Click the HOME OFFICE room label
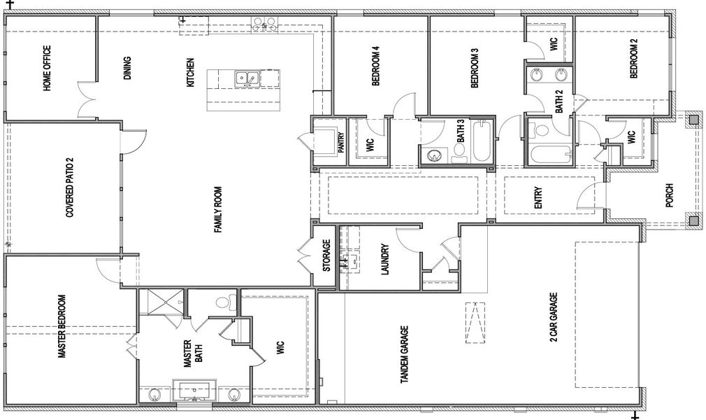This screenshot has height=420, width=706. click(47, 69)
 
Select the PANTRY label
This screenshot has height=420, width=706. click(341, 143)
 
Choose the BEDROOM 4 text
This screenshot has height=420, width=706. click(375, 66)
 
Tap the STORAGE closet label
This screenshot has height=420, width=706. click(326, 255)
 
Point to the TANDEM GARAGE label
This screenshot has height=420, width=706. click(404, 355)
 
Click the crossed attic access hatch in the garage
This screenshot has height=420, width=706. click(475, 322)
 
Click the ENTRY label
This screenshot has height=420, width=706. click(538, 197)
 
